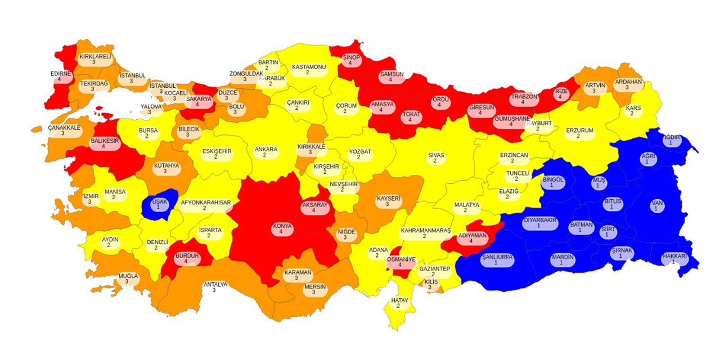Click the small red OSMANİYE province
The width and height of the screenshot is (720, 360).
pyautogui.click(x=400, y=262)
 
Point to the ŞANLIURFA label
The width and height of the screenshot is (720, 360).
pyautogui.click(x=497, y=259)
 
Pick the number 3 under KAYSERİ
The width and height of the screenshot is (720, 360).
pyautogui.click(x=389, y=205)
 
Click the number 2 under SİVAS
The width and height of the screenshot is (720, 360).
pyautogui.click(x=434, y=161)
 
